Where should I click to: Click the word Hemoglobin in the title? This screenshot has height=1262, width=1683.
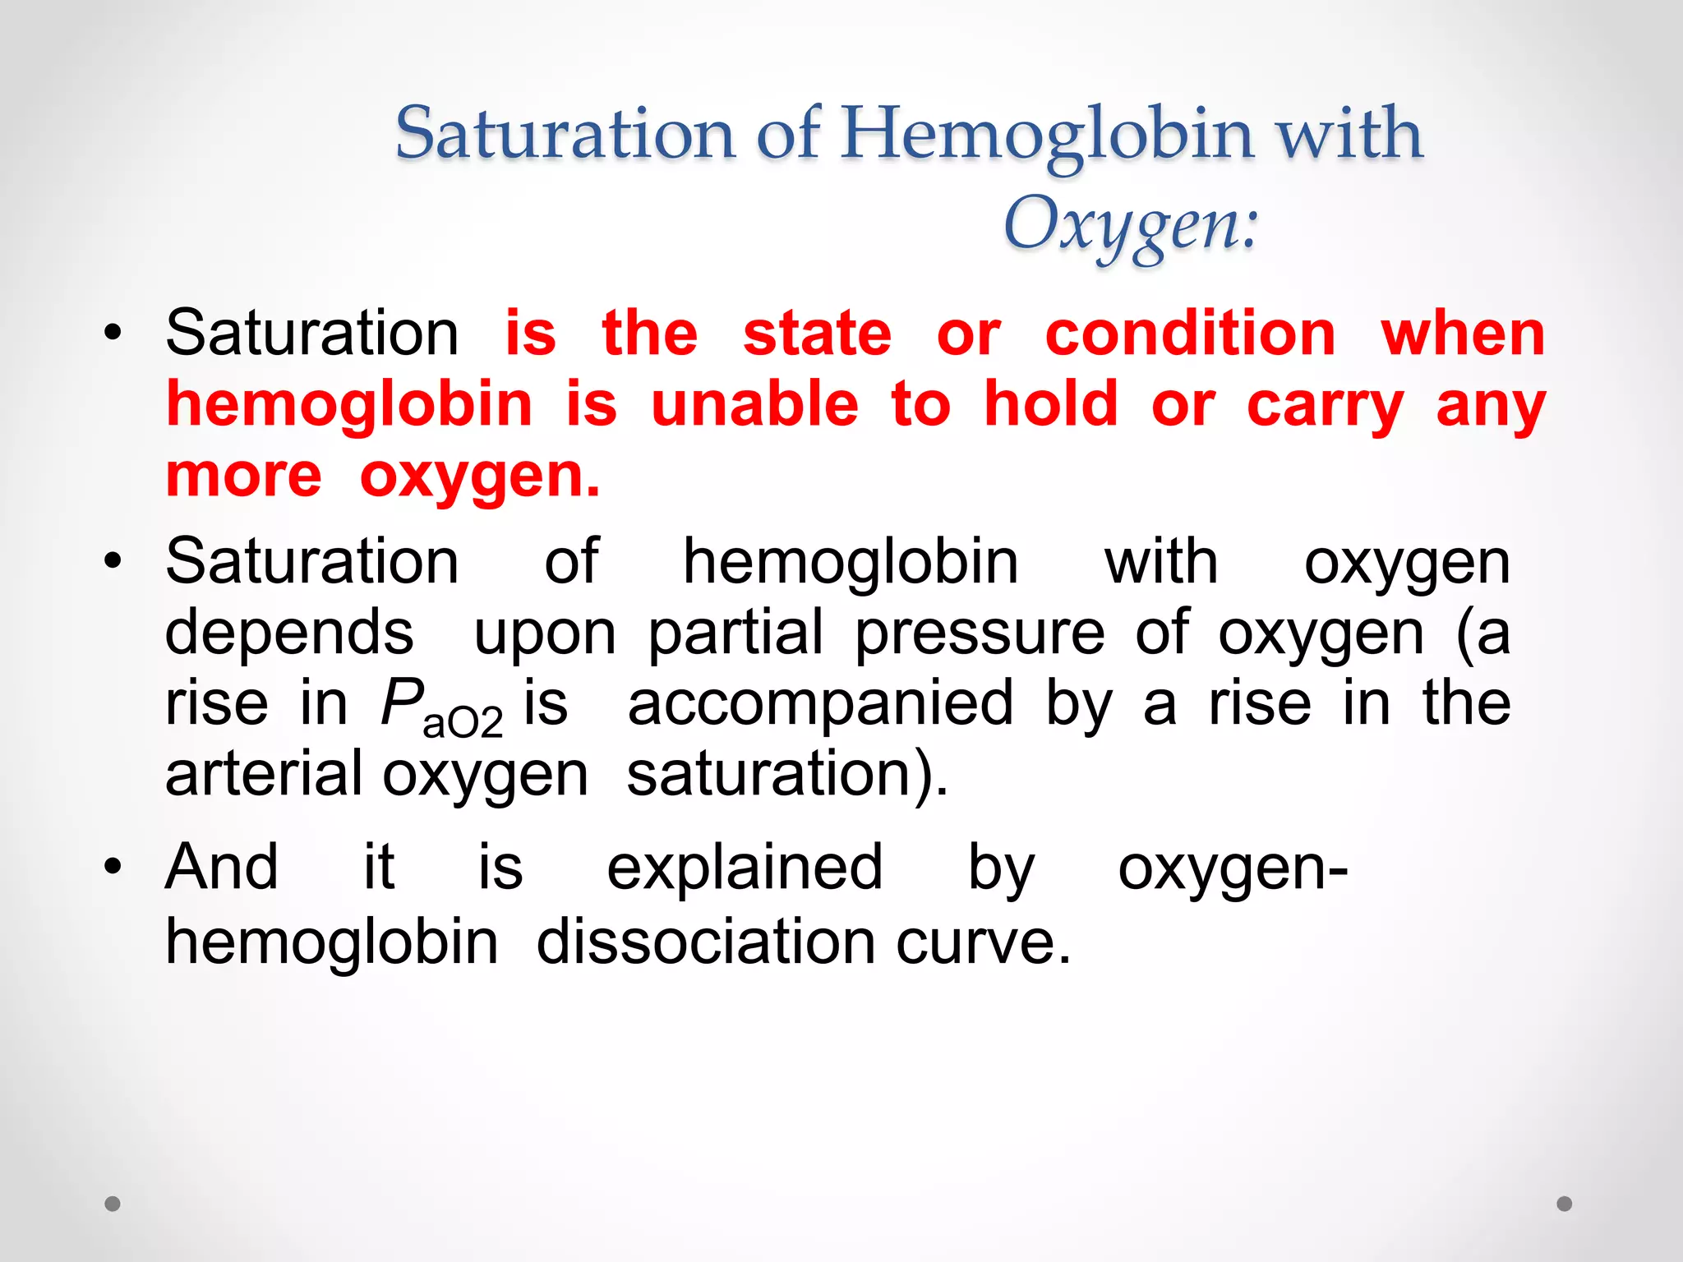1048,134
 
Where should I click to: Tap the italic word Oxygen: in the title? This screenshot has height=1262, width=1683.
1131,224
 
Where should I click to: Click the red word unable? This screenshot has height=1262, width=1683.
754,404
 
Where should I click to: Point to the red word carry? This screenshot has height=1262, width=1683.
1325,406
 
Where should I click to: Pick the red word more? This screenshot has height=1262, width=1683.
244,476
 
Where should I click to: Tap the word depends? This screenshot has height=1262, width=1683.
289,633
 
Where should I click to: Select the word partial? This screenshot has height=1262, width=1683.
735,633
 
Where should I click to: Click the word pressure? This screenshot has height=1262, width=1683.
980,633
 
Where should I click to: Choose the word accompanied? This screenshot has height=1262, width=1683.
820,705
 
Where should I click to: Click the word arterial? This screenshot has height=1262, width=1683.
264,774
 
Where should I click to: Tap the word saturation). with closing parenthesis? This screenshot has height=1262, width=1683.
787,774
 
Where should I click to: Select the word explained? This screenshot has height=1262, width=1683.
745,868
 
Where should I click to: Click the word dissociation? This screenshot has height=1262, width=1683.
706,942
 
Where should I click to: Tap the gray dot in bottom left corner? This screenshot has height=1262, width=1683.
113,1204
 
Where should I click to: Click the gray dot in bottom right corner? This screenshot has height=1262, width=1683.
1565,1204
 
